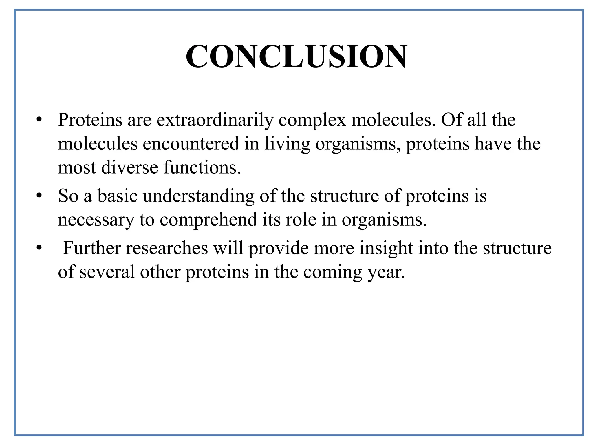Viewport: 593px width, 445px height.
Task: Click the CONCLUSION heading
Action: point(296,56)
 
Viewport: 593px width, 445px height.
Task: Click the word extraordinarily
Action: point(215,120)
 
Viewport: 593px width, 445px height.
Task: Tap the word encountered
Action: point(191,144)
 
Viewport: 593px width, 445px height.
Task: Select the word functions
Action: point(202,167)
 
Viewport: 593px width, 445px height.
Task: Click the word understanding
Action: point(199,196)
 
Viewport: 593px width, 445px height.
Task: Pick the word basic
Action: point(117,196)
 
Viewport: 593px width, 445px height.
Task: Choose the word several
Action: point(107,272)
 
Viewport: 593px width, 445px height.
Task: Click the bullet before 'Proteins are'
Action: point(39,120)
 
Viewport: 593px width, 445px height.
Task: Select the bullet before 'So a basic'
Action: point(39,196)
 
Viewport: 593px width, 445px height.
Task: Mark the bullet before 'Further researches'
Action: point(39,249)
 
